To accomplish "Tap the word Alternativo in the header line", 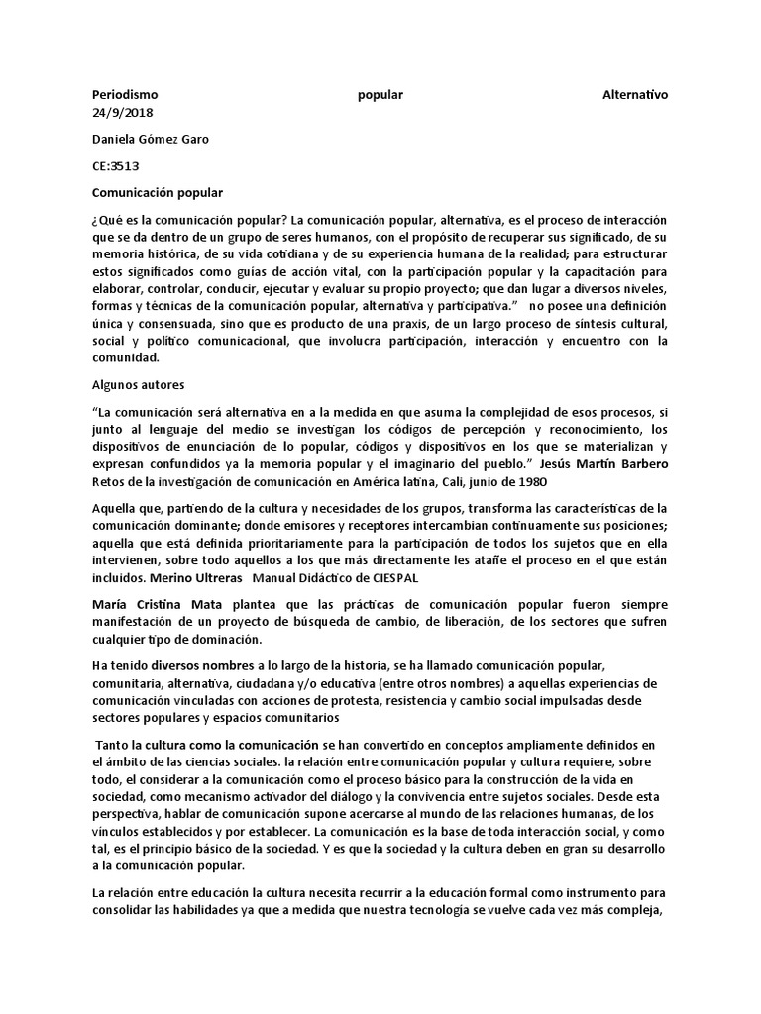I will [635, 95].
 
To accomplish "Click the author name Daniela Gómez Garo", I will [151, 140].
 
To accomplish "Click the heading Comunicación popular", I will [158, 192].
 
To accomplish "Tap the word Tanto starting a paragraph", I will [113, 744].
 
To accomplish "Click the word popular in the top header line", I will [380, 95].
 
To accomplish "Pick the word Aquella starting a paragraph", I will [115, 508].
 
